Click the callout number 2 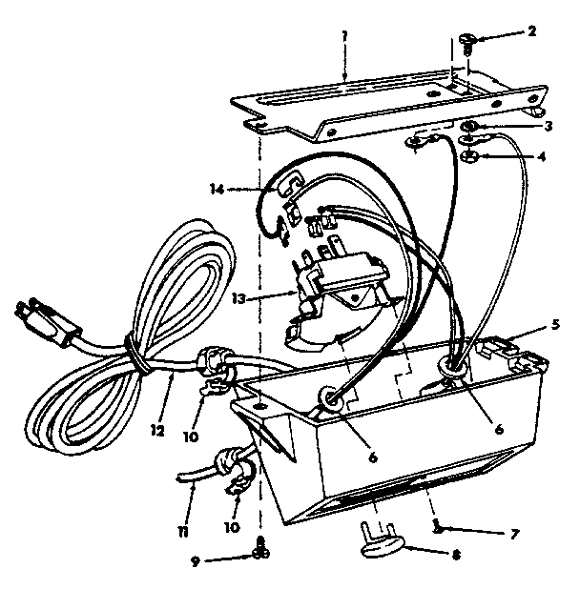pyautogui.click(x=531, y=31)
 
